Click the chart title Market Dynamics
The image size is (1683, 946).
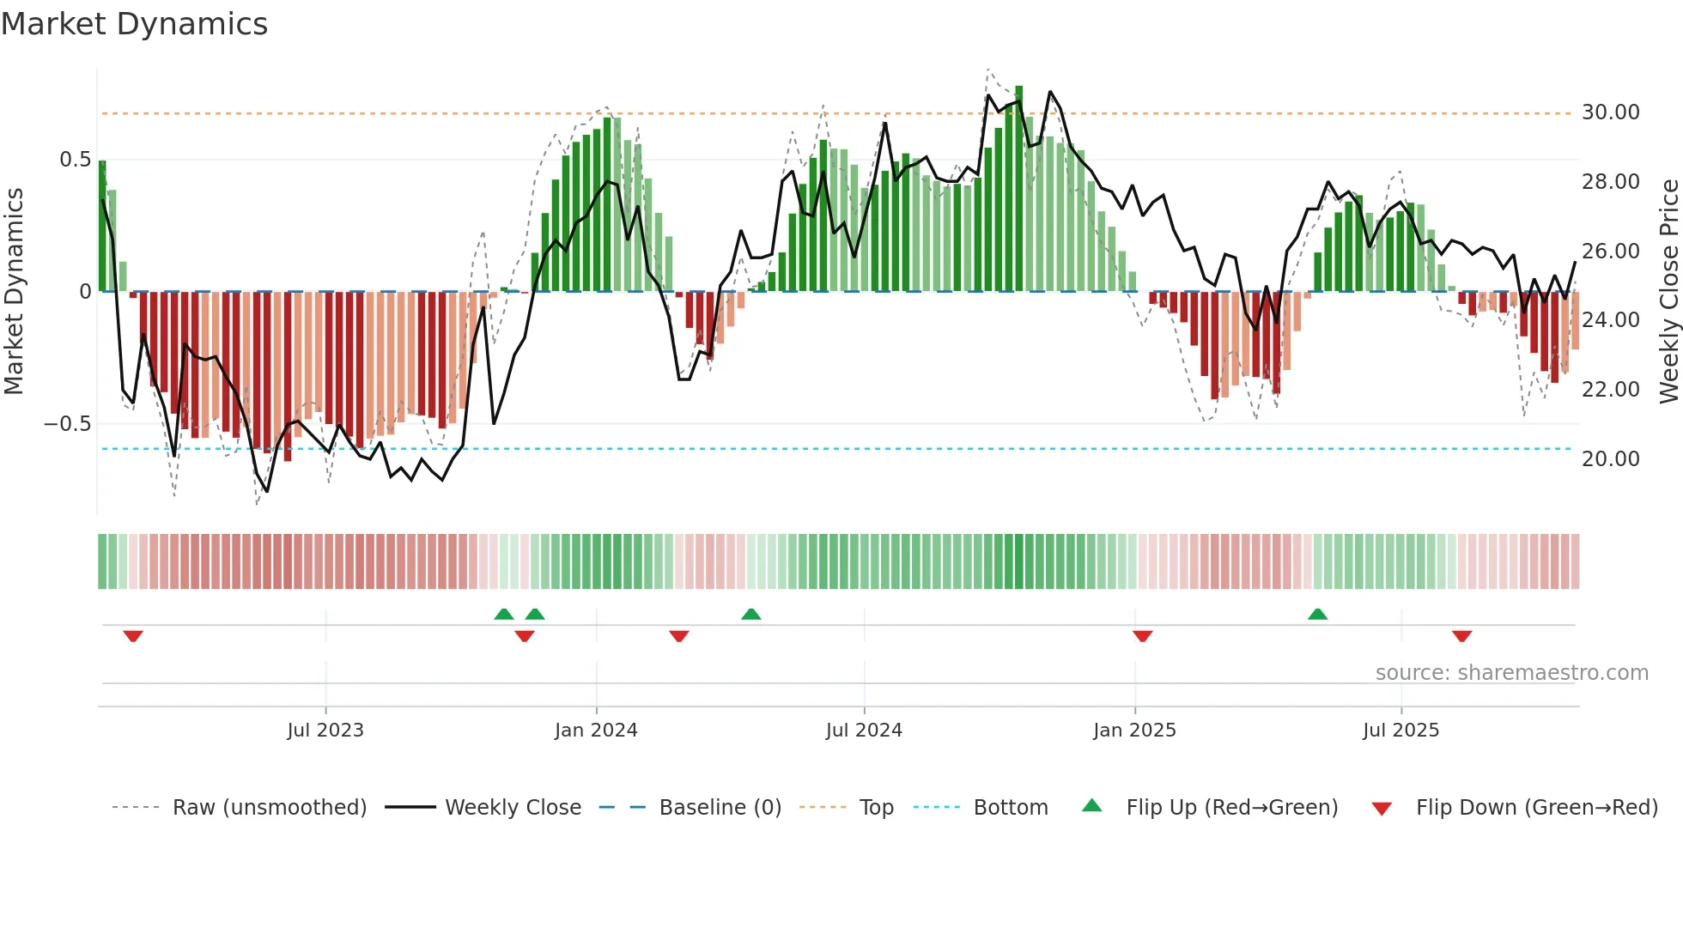coord(134,24)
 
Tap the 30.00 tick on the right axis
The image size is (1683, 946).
coord(1610,112)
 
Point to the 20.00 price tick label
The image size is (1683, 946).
coord(1610,459)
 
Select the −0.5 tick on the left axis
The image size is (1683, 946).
coord(67,424)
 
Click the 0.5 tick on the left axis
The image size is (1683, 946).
coord(75,160)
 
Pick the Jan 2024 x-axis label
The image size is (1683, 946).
coord(596,731)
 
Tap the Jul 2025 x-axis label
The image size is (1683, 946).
coord(1400,731)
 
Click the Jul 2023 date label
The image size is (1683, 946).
coord(325,731)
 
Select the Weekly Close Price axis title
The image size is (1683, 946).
coord(1668,291)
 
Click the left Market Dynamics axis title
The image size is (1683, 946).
coord(14,291)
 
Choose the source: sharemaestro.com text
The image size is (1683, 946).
coord(1511,673)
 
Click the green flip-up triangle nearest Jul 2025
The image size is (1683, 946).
coord(1317,614)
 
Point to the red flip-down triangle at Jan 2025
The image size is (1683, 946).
coord(1142,636)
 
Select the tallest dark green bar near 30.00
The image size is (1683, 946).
coord(1019,189)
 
